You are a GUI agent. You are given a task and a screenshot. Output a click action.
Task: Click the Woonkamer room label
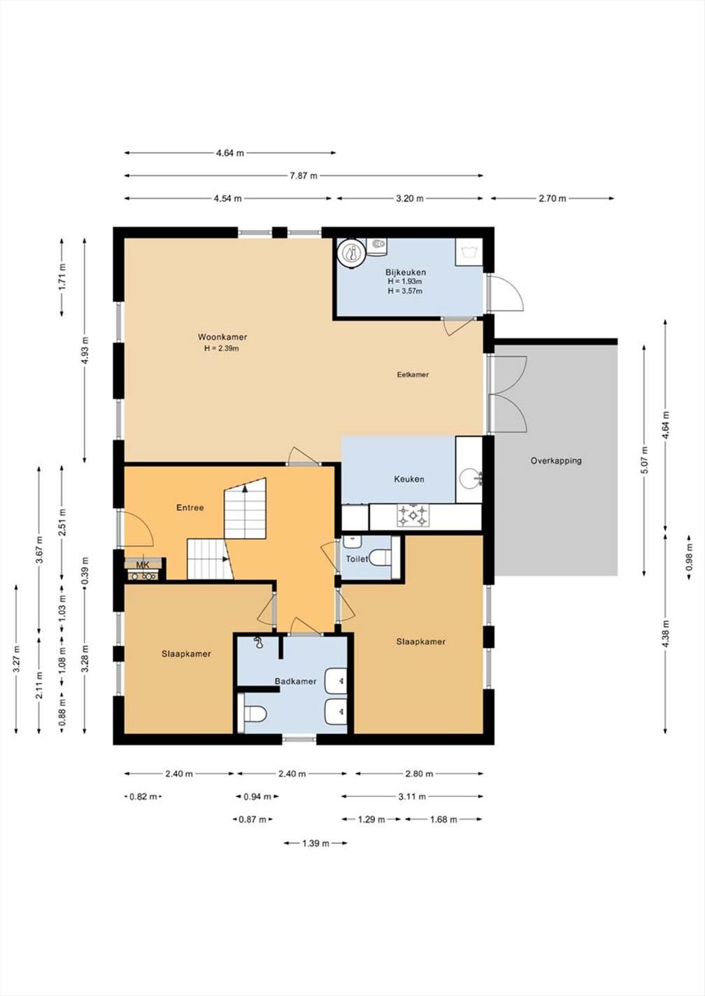(x=222, y=337)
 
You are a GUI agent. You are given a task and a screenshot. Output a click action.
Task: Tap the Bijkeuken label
(x=406, y=272)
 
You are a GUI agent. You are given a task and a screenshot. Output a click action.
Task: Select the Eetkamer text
(x=413, y=375)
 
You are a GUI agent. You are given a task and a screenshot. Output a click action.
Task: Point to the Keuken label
(x=408, y=479)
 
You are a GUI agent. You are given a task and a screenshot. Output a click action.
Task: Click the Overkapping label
(x=556, y=461)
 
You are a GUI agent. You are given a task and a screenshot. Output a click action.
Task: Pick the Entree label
(x=190, y=507)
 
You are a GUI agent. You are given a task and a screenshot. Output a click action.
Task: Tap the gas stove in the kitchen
(x=413, y=515)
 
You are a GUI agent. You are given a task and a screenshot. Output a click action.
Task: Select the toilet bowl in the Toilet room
(x=380, y=557)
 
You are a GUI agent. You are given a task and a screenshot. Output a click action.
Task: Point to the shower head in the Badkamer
(x=257, y=642)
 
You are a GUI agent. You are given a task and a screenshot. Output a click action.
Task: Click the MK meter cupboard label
(x=143, y=565)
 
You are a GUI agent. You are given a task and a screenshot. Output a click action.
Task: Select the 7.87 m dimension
(x=304, y=175)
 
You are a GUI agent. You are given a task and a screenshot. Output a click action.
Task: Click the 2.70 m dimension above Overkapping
(x=553, y=199)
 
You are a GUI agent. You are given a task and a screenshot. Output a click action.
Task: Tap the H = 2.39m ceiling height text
(x=222, y=349)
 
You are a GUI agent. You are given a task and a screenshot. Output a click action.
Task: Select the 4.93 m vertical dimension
(x=85, y=350)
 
